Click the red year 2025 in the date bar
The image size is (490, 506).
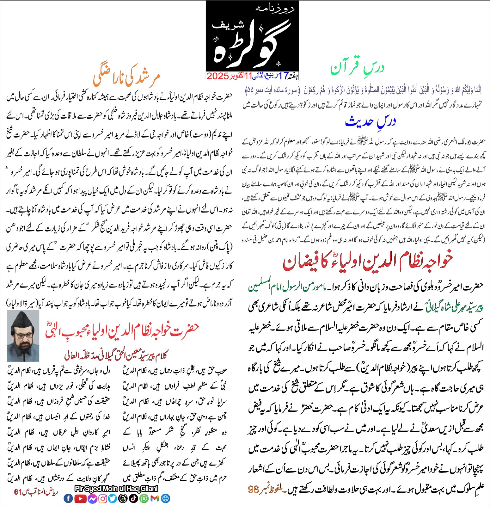pos(218,76)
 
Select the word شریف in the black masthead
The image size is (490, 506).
pos(223,25)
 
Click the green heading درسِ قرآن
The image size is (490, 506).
pos(357,68)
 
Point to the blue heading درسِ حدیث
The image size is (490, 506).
pos(370,121)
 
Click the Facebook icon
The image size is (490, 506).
pos(68,499)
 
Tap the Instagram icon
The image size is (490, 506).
pos(103,499)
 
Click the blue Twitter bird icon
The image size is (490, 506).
pos(113,499)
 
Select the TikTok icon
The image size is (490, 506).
pos(133,499)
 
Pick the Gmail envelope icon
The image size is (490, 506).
pos(155,499)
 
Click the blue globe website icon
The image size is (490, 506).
pos(165,499)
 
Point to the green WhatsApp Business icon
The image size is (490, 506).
pos(144,499)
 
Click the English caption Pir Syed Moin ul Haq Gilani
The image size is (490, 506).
pos(116,489)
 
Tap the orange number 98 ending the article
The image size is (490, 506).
pos(254,490)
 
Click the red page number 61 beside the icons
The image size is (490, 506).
pos(18,492)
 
